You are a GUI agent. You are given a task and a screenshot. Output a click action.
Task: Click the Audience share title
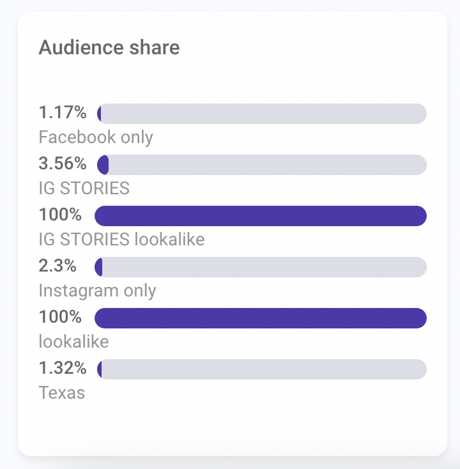coord(109,47)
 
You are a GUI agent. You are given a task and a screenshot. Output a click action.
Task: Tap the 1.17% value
coord(63,113)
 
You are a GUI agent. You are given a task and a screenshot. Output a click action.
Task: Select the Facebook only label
coord(96,137)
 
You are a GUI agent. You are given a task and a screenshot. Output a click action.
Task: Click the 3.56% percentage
coord(63,164)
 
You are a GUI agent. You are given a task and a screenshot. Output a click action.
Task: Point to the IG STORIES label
coord(84,188)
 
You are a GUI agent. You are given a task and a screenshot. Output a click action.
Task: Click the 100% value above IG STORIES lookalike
coord(60,215)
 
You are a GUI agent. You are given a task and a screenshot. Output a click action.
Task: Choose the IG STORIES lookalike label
coord(121,239)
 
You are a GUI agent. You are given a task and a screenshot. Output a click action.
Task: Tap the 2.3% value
coord(58,266)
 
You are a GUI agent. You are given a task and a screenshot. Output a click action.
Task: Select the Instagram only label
coord(97,290)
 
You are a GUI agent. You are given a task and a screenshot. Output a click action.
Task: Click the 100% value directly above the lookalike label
coord(60,318)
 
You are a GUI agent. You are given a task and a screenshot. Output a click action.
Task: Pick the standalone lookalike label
coord(73,341)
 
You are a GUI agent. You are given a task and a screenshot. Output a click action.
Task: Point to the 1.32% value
coord(63,369)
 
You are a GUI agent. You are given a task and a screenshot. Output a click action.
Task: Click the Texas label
coord(62,392)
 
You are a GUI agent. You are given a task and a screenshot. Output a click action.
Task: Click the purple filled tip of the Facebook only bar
coord(99,114)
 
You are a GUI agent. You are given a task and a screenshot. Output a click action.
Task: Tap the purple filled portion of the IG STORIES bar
coord(102,165)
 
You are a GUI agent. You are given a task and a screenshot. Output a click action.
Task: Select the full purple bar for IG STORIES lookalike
coord(260,216)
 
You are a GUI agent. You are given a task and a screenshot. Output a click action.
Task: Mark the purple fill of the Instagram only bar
coord(99,267)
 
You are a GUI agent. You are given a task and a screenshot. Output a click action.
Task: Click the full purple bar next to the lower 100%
coord(260,318)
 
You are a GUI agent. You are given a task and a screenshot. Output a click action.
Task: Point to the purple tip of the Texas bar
coord(100,369)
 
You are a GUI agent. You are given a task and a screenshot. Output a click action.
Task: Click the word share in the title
coord(156,47)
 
